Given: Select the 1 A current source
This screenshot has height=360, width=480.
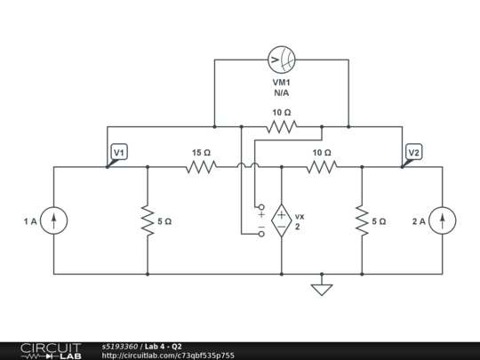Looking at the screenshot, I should (x=55, y=220).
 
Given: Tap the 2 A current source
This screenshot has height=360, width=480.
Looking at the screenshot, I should (x=444, y=220).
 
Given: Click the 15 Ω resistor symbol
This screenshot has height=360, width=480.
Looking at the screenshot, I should (x=201, y=166).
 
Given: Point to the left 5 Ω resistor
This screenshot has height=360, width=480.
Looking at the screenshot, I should (x=147, y=220).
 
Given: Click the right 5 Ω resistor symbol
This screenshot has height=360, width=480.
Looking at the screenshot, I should (x=362, y=220).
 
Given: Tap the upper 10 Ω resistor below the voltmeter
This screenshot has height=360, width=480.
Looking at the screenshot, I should (x=281, y=127).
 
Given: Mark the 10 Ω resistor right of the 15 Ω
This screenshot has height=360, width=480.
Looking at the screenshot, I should (x=322, y=166).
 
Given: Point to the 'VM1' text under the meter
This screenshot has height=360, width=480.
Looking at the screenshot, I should (x=281, y=81).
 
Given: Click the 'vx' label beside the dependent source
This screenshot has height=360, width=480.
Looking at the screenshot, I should (x=300, y=216).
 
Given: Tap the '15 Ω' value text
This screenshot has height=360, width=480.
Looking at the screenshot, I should (x=201, y=153).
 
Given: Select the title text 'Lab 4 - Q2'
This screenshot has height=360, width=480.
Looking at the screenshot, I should (x=164, y=346).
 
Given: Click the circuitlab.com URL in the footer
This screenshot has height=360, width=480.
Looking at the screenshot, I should (x=168, y=355).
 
